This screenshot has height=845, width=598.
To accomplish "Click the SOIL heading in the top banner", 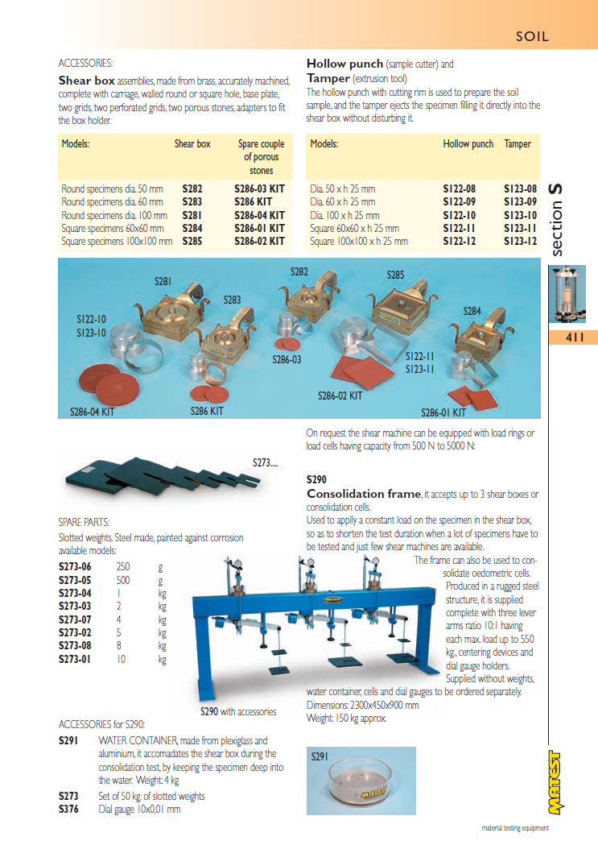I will (533, 36).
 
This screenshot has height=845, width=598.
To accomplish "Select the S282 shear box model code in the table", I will (192, 189).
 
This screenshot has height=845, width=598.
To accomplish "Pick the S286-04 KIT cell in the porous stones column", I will (260, 215).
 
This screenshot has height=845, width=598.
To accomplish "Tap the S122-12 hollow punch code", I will (459, 242).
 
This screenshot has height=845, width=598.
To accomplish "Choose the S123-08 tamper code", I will (520, 189).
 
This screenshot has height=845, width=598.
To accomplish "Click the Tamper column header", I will (518, 144).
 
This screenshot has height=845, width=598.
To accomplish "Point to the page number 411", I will (575, 338).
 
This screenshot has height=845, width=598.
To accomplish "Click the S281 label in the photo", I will (163, 281).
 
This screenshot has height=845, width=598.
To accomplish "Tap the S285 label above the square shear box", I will (395, 275).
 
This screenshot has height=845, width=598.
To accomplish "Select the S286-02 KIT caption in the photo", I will (340, 396).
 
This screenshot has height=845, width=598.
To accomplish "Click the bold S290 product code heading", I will (316, 479).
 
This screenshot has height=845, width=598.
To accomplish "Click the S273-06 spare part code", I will (74, 567).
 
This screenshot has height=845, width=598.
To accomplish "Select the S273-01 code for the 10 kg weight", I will (74, 660).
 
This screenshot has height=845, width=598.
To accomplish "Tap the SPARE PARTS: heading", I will (84, 522).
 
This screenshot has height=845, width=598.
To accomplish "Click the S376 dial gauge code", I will (68, 809).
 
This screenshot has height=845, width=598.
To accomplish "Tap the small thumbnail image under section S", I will (567, 295).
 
